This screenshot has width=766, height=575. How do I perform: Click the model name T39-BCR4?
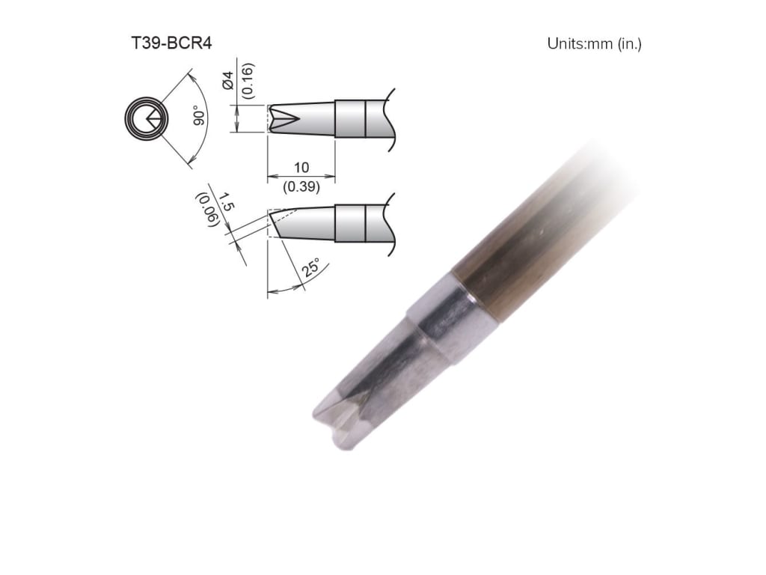point(171,43)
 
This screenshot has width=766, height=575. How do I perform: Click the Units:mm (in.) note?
point(594,43)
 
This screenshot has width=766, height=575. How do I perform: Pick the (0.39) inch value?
point(301,187)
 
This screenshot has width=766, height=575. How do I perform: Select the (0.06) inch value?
point(206,210)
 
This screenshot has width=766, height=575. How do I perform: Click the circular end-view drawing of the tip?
point(143,118)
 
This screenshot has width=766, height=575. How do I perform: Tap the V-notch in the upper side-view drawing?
point(280,118)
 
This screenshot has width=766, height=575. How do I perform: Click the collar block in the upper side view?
point(349,118)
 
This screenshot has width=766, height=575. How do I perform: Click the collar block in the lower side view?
point(349,224)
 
